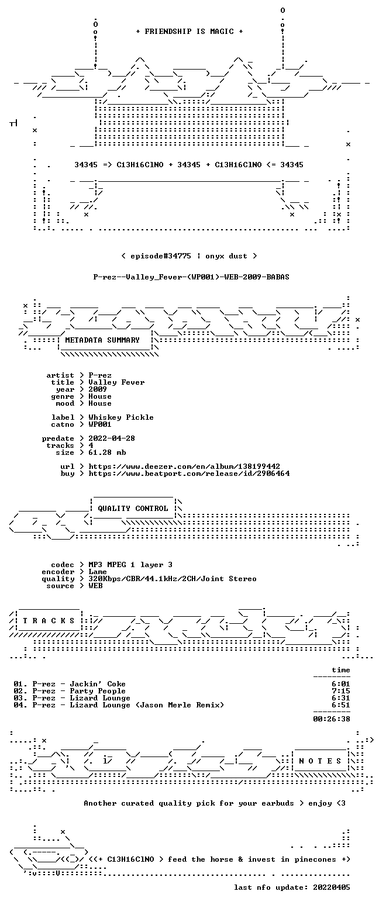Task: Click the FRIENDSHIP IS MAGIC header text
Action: (x=189, y=32)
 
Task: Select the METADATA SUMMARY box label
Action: (x=102, y=340)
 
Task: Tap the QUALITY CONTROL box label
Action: (x=133, y=509)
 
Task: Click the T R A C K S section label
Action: (x=49, y=620)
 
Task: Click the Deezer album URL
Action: (x=184, y=467)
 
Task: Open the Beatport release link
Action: (x=189, y=474)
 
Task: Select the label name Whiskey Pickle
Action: (x=121, y=417)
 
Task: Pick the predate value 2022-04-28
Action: (x=112, y=438)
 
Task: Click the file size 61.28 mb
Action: (x=107, y=452)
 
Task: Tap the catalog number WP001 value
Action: (x=100, y=424)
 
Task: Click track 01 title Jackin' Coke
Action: (x=98, y=684)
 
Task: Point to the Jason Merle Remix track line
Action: (x=119, y=705)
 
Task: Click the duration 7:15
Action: (x=340, y=691)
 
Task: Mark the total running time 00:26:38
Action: (x=331, y=719)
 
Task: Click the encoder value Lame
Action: (x=98, y=572)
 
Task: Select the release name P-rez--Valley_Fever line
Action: (x=191, y=277)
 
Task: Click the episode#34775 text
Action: (x=161, y=256)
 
